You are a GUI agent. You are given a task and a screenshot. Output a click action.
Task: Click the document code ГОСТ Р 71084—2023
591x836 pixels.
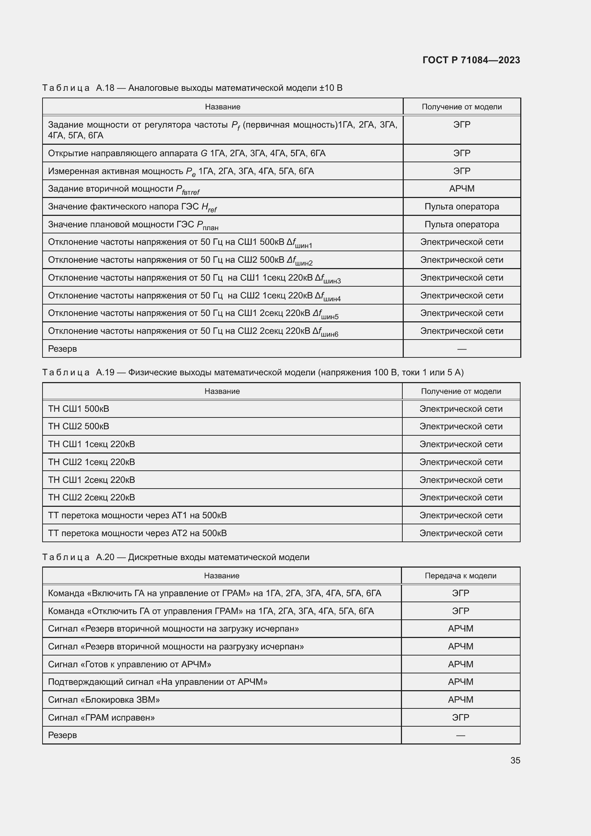(x=471, y=60)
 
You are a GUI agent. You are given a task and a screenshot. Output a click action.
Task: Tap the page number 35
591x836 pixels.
(x=515, y=760)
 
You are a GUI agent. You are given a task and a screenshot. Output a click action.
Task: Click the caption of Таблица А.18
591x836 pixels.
(x=192, y=88)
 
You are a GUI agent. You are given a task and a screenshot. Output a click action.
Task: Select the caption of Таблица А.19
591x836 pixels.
(x=253, y=372)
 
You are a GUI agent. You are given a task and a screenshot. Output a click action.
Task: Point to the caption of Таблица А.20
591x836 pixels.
(x=176, y=557)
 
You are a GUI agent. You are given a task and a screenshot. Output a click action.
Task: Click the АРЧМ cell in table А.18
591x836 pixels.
(x=461, y=189)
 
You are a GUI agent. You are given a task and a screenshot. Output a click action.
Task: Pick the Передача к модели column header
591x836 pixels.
(x=460, y=576)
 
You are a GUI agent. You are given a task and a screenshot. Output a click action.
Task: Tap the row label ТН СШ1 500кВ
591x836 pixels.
(x=79, y=409)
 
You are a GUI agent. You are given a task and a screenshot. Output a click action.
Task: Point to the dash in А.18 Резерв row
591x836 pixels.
(x=461, y=349)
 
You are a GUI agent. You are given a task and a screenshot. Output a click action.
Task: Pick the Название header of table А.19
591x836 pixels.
(x=222, y=391)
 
